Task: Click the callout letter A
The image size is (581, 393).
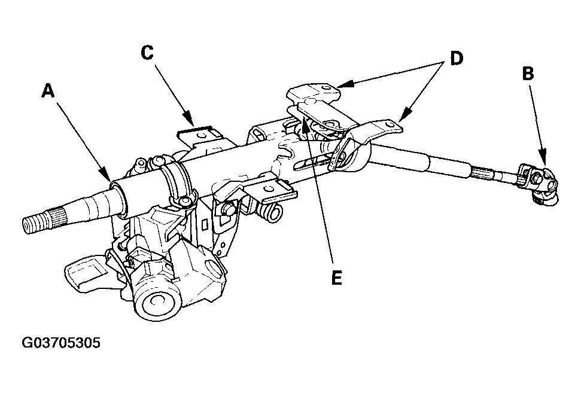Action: click(48, 91)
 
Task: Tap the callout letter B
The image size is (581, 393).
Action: click(528, 74)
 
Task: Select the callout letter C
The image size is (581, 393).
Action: click(147, 53)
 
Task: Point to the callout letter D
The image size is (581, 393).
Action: click(457, 58)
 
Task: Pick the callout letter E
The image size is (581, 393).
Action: click(336, 278)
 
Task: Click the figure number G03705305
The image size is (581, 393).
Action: click(61, 343)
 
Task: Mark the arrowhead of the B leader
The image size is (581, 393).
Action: click(543, 158)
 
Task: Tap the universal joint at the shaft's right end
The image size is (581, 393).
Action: click(539, 184)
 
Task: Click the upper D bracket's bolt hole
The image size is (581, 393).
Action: click(326, 88)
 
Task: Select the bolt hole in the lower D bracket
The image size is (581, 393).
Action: click(389, 124)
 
